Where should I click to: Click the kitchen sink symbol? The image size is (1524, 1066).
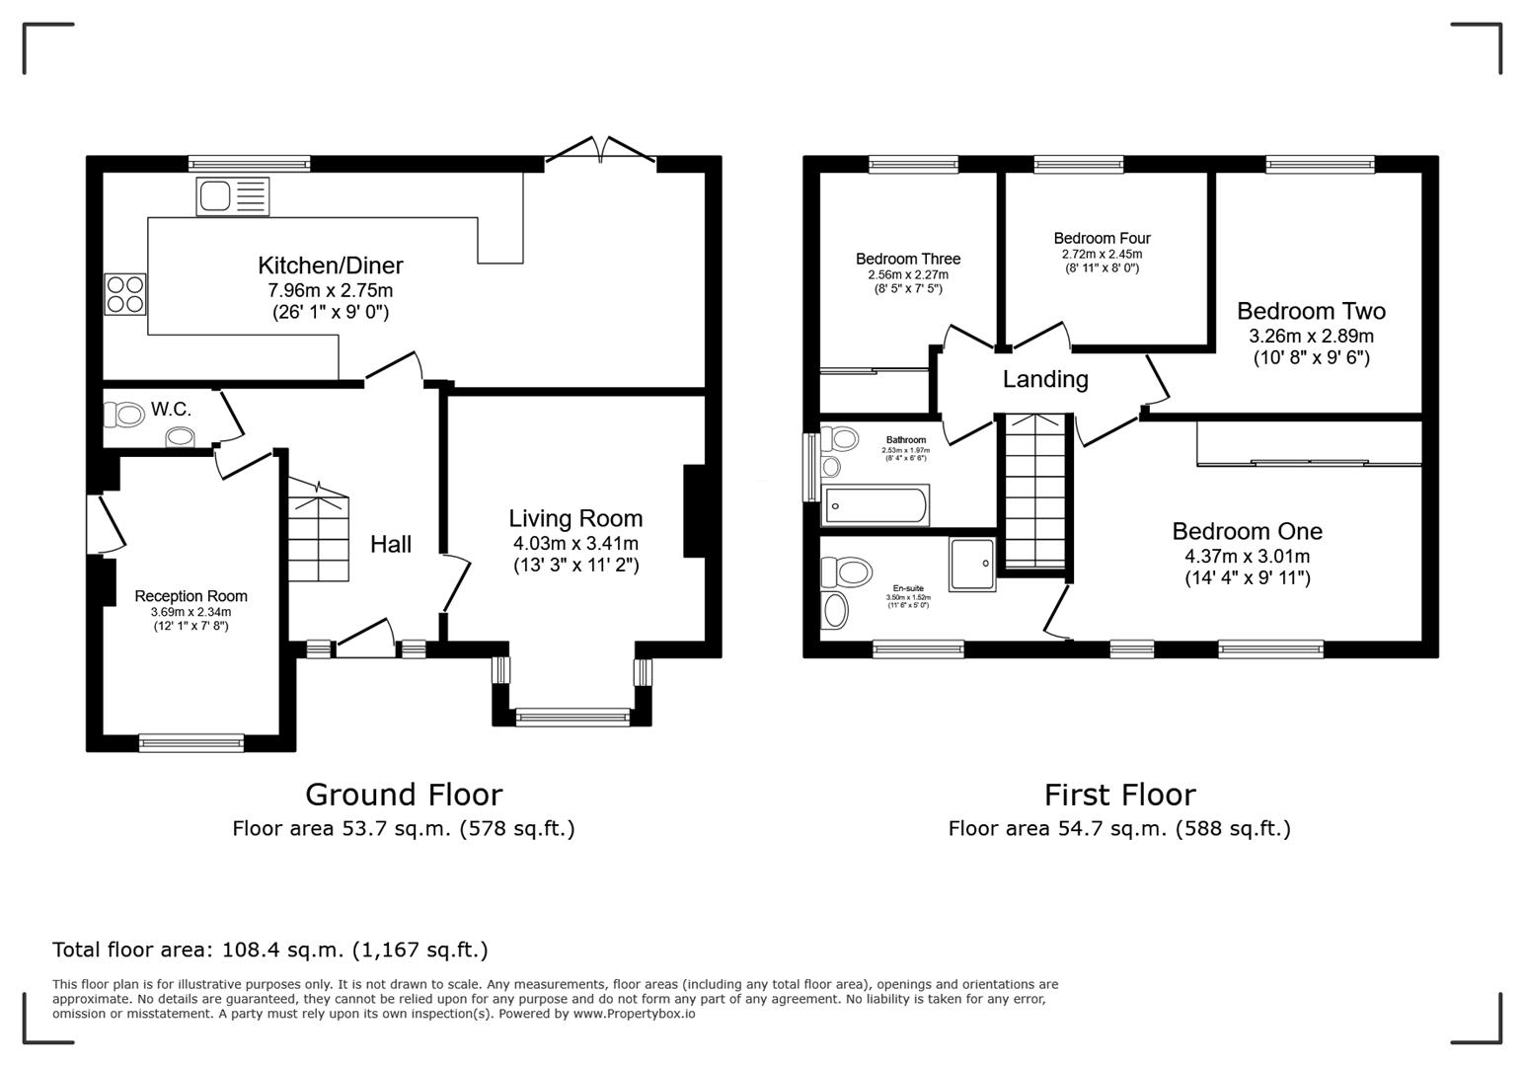click(232, 196)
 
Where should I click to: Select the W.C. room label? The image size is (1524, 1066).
click(171, 410)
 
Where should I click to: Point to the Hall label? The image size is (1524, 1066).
click(391, 544)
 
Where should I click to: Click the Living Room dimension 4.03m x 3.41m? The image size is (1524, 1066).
click(575, 544)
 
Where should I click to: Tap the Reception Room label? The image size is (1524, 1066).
click(190, 596)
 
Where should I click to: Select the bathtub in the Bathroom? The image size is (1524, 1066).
click(876, 506)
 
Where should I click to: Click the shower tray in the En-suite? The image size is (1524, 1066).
click(972, 565)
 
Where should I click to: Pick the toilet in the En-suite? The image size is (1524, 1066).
click(848, 571)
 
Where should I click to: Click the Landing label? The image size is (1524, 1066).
click(1045, 379)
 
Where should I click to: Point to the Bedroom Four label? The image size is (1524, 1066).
click(1102, 238)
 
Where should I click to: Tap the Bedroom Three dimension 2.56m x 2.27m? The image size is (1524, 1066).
click(908, 274)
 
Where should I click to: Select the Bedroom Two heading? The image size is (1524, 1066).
click(1311, 311)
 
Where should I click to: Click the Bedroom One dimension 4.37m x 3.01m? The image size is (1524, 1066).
click(1248, 556)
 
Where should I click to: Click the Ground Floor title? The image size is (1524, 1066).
click(404, 795)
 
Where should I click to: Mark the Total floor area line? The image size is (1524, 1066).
click(270, 950)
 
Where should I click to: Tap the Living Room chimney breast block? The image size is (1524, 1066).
click(695, 511)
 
